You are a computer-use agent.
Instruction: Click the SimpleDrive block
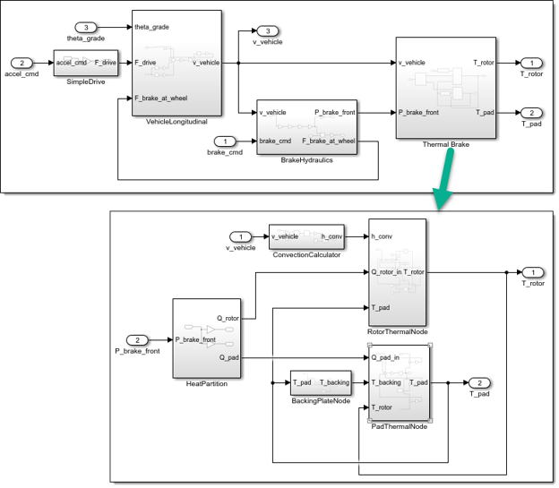[x=86, y=63]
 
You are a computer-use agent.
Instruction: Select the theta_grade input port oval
[x=86, y=28]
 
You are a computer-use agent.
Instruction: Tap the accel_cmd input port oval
[x=21, y=63]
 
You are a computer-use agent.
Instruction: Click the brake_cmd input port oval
[x=225, y=141]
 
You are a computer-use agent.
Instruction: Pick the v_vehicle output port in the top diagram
[x=268, y=31]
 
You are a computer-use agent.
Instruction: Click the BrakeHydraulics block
[x=306, y=127]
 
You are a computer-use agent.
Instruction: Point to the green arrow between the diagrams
[x=444, y=179]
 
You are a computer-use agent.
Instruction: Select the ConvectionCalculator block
[x=306, y=236]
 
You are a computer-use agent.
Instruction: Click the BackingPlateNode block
[x=321, y=383]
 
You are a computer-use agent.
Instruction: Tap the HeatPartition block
[x=207, y=338]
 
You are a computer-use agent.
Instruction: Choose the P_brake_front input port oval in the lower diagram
[x=137, y=340]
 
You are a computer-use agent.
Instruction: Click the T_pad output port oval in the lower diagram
[x=479, y=383]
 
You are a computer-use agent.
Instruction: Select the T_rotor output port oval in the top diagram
[x=531, y=63]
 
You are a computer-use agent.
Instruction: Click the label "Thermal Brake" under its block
[x=445, y=144]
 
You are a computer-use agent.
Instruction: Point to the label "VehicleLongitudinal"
[x=176, y=122]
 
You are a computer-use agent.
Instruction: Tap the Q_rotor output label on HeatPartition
[x=228, y=319]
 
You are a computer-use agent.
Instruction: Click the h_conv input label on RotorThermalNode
[x=382, y=236]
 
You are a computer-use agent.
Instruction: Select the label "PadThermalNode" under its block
[x=399, y=426]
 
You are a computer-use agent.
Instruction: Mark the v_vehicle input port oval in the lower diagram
[x=241, y=236]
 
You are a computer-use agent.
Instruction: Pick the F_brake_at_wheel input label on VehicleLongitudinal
[x=160, y=98]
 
